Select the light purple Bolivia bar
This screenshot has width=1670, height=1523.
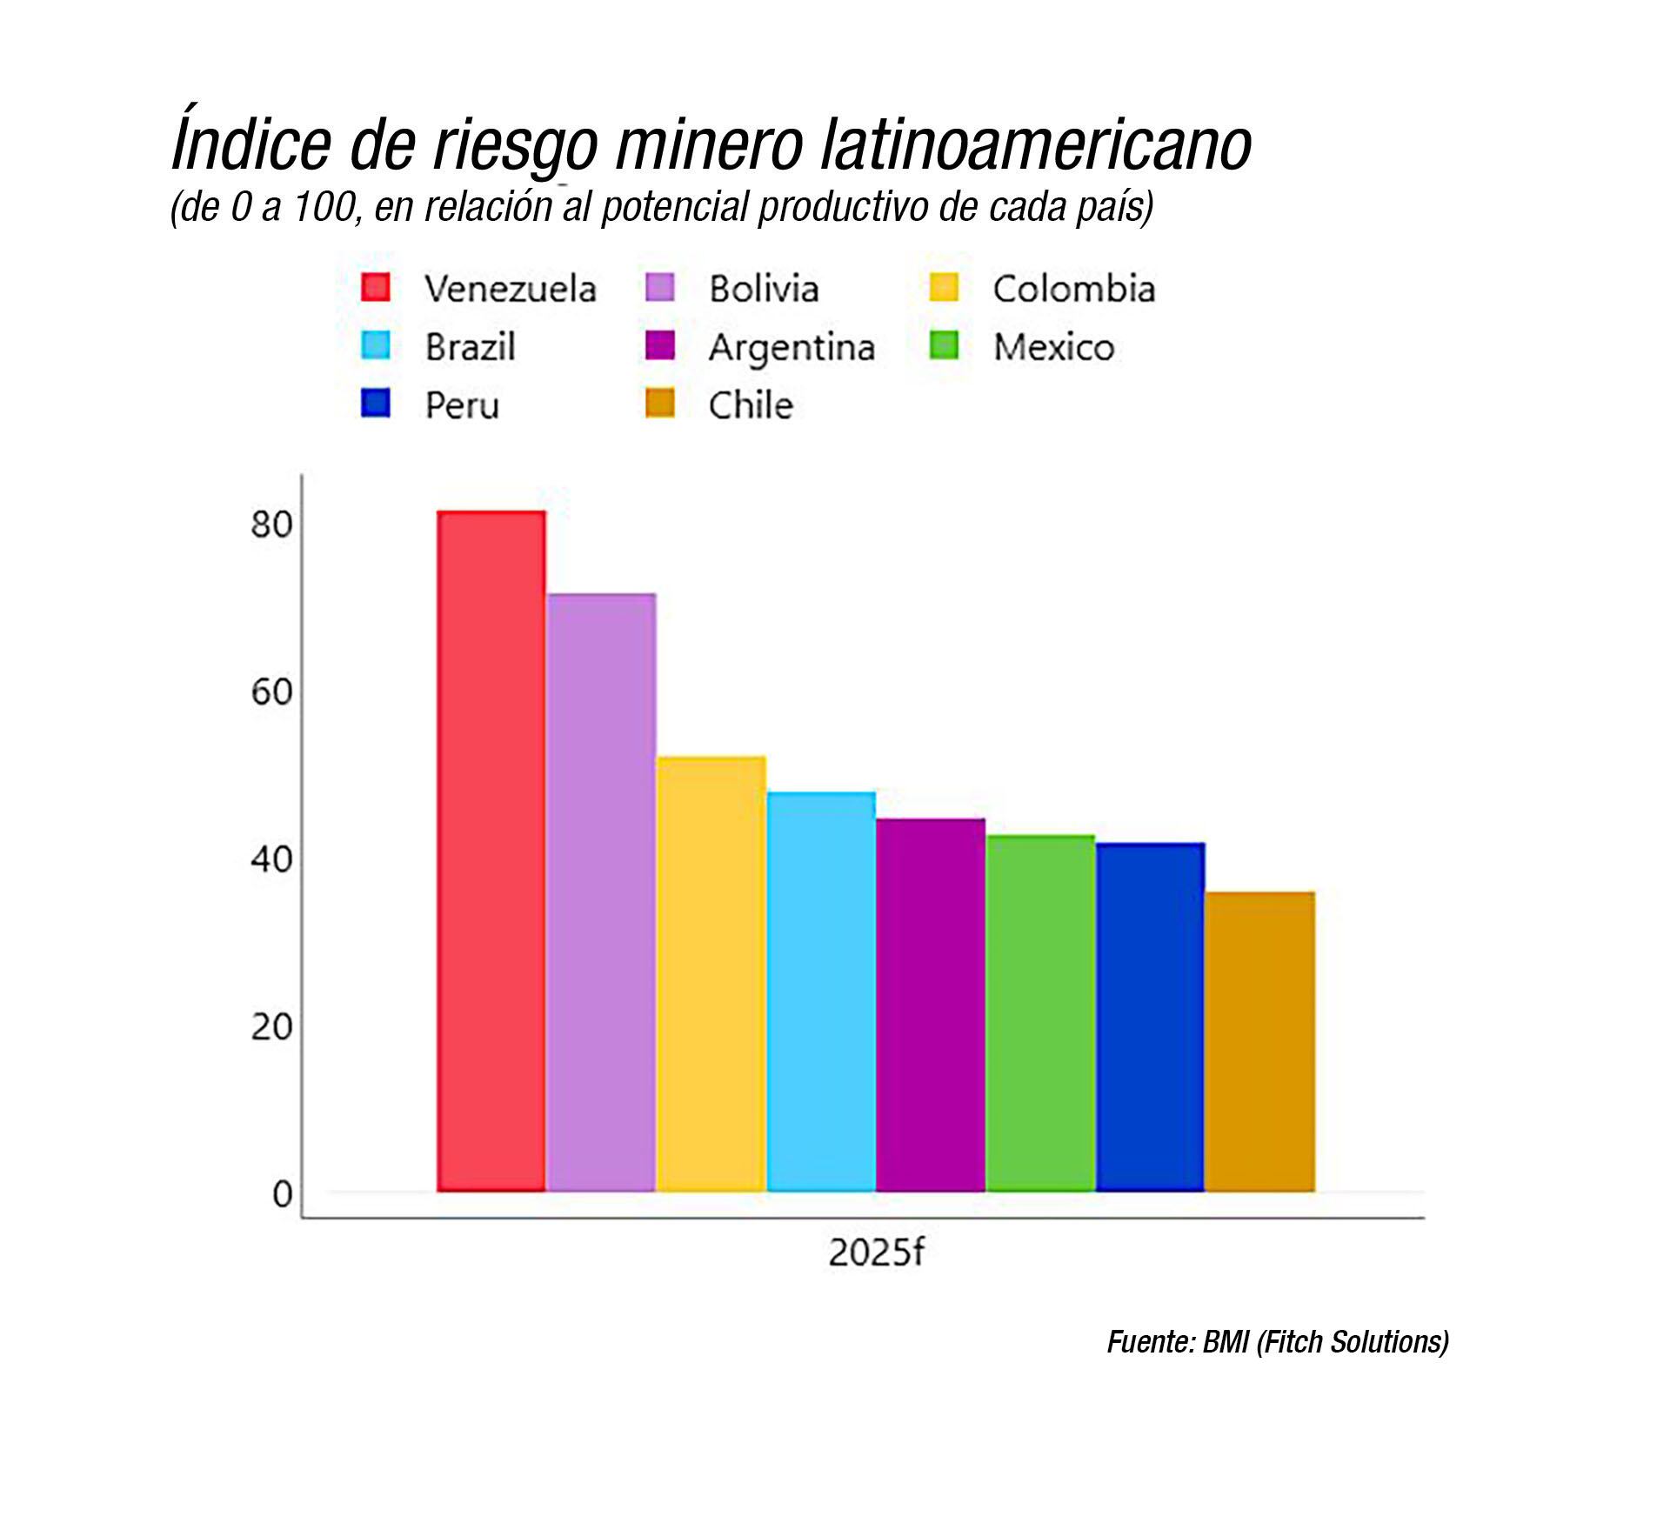pos(601,892)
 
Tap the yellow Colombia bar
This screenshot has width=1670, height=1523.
pos(711,973)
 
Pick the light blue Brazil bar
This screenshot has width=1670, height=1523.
pos(821,991)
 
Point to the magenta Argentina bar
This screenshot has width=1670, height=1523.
pos(931,1005)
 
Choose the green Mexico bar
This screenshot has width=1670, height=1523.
pos(1040,1012)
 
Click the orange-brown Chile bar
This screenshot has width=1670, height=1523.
pos(1259,1041)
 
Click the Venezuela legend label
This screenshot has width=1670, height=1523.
pos(511,290)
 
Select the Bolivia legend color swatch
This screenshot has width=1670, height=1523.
pos(660,288)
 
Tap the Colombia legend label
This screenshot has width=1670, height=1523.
pos(1074,290)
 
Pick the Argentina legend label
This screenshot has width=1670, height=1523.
pos(792,348)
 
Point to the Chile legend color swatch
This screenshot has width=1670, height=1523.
pos(660,404)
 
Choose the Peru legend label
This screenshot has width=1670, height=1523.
pos(462,406)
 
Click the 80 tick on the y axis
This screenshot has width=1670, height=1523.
pos(271,524)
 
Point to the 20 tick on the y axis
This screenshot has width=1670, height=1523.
pos(271,1027)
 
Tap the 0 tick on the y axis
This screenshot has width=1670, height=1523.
pos(282,1194)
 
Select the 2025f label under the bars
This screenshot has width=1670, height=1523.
pos(875,1252)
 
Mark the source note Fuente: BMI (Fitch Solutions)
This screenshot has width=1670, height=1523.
pos(1277,1342)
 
